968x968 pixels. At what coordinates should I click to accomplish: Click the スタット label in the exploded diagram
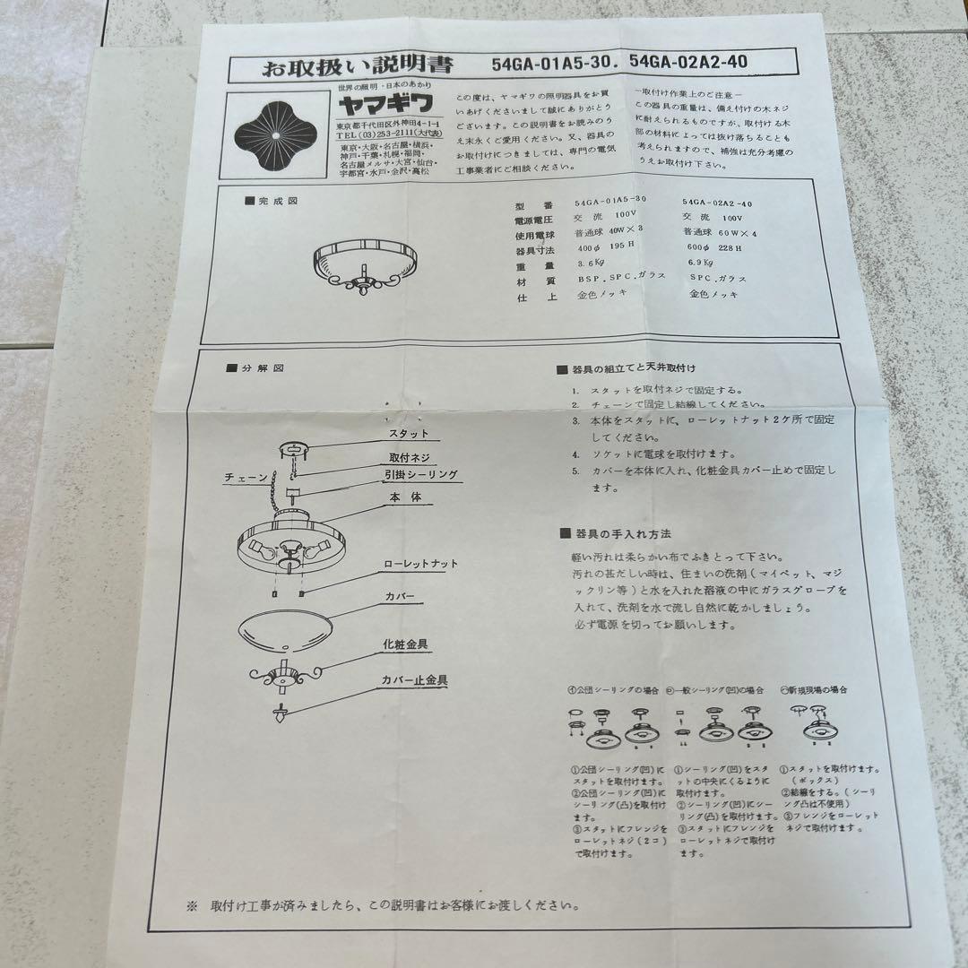point(408,434)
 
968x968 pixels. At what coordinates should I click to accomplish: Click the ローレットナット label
point(420,564)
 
